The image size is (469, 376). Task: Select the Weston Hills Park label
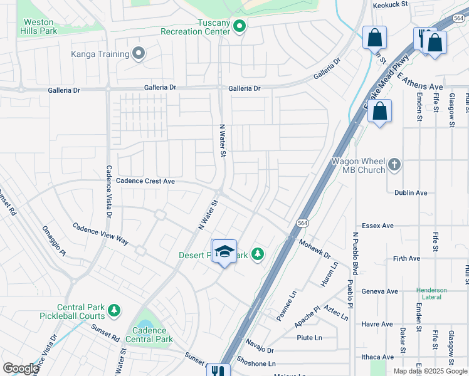38,26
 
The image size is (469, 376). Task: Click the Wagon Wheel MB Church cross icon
394,165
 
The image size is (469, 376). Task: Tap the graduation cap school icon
224,252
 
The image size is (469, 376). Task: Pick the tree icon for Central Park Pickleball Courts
113,310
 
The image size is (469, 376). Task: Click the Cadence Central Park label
149,335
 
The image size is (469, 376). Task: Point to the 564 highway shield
302,222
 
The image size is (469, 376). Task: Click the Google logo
21,368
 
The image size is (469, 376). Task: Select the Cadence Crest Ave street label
145,180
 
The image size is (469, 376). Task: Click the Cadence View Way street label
100,233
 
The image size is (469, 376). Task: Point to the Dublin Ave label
411,193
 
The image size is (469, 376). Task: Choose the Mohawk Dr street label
314,249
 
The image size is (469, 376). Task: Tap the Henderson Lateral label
431,294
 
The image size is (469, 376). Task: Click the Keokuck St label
390,4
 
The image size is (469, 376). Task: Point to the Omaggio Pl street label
54,241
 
